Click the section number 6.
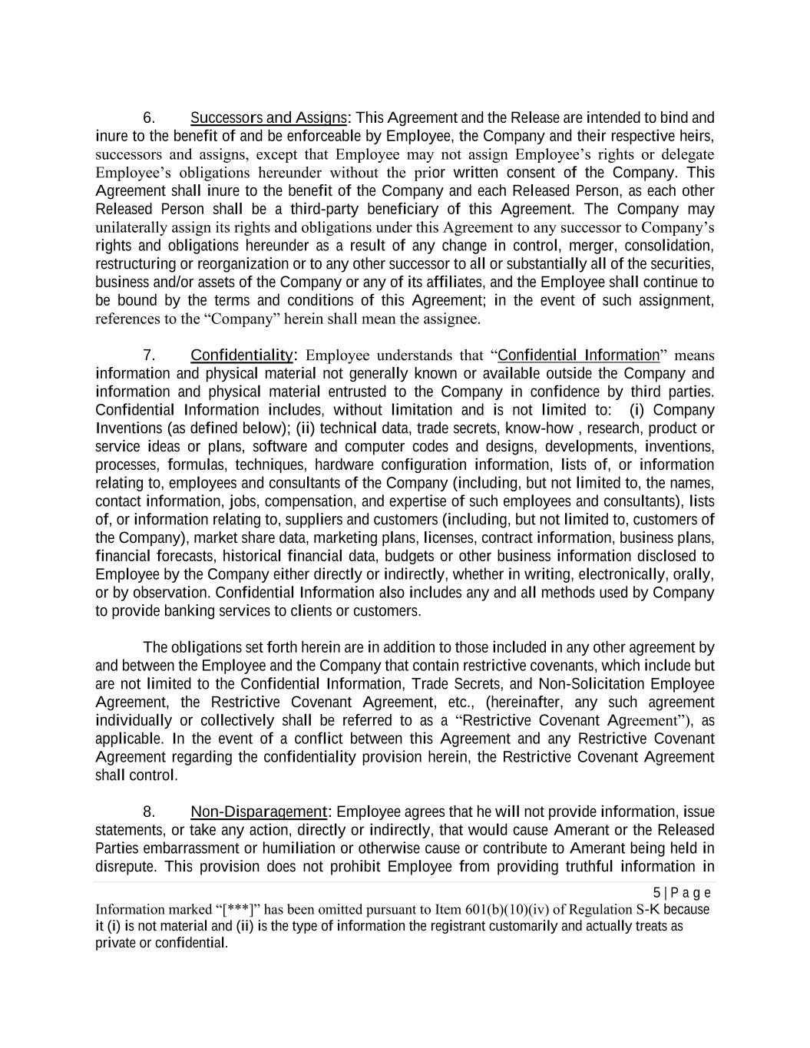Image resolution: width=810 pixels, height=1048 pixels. [x=149, y=118]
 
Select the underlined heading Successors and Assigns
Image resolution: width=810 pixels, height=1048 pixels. [x=268, y=118]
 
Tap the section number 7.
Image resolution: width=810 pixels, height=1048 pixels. [x=149, y=355]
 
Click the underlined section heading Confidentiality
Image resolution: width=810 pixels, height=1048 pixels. [x=241, y=355]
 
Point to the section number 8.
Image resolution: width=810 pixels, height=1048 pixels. [x=149, y=812]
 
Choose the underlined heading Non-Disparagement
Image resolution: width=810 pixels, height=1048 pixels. [x=259, y=812]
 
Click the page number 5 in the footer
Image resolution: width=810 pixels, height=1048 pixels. [x=656, y=893]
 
